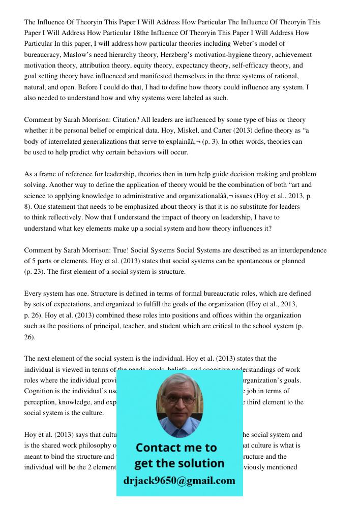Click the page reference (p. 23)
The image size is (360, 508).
[35, 272]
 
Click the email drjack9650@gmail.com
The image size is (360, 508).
[179, 481]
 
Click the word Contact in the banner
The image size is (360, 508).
[162, 448]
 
